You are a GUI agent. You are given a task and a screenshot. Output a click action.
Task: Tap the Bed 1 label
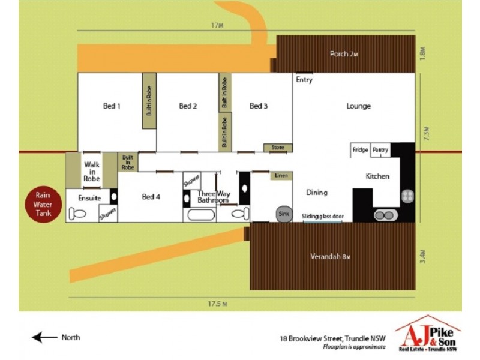coord(112,106)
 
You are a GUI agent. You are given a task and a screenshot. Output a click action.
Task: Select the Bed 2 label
coord(188,106)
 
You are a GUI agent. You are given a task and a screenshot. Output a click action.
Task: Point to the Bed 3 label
coord(258,106)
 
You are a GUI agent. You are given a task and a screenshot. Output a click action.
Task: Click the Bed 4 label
coord(151,197)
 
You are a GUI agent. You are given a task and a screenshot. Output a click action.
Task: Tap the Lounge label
coord(358,106)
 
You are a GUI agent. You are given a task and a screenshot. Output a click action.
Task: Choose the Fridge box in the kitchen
coord(360,150)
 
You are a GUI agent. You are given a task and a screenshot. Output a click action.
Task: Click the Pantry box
coord(380,150)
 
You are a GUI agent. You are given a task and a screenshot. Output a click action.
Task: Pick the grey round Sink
coord(283,213)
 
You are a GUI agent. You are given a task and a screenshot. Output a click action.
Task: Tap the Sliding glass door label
coord(322,215)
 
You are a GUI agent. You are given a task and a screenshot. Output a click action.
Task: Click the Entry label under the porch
coord(304,80)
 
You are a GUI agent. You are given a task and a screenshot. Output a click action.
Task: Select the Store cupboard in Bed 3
coord(277,148)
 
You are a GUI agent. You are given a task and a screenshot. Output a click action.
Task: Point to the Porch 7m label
coord(344,54)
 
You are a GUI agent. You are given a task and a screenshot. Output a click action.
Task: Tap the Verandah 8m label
coord(330,257)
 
